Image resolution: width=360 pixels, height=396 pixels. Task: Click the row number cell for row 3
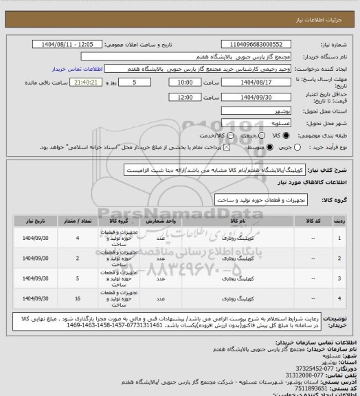(342, 278)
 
